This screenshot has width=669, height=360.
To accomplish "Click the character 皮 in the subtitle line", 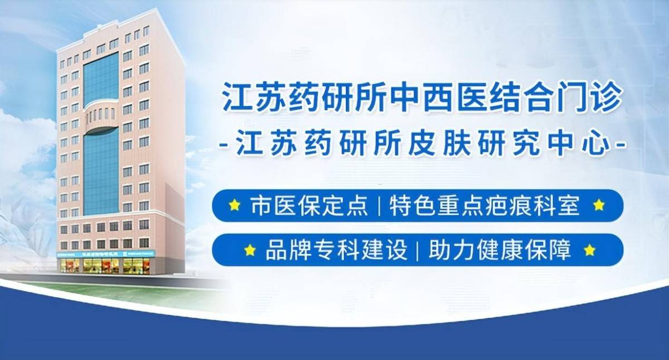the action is coord(422,145).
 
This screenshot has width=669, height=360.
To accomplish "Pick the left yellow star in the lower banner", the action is coord(250,250).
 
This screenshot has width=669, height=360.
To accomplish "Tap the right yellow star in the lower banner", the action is coord(590,250).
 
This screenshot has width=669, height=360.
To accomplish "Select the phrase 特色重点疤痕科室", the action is coord(484,206).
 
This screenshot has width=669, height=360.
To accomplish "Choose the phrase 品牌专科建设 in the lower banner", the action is coord(336,250).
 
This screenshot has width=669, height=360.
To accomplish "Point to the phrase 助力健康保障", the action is coord(500,250).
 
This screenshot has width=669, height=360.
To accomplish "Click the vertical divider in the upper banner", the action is coord(379,206).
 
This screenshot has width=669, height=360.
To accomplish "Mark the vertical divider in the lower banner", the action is coord(418,250).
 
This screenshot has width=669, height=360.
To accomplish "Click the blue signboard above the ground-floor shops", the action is coord(106,254).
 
